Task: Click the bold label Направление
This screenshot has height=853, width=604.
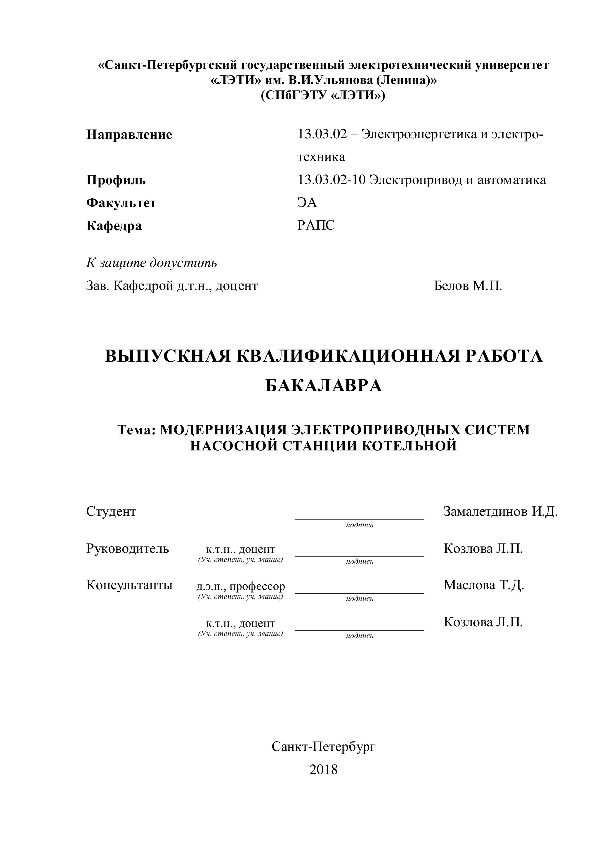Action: click(129, 134)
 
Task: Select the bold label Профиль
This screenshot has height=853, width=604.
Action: click(116, 180)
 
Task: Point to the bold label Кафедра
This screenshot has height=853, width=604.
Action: click(114, 226)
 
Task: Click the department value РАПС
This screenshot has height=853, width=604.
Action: click(316, 225)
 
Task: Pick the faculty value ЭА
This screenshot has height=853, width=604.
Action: click(307, 202)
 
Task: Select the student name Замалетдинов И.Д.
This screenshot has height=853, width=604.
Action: click(500, 512)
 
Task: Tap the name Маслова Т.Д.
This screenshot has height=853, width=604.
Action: click(483, 585)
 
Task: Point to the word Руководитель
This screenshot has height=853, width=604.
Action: click(128, 548)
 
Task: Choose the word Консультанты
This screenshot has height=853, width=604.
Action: click(129, 585)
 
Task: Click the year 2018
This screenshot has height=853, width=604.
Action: click(323, 769)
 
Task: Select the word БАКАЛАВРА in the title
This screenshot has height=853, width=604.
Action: click(323, 386)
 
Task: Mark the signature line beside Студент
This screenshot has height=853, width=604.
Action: click(359, 519)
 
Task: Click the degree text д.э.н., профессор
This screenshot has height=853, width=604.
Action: click(241, 586)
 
